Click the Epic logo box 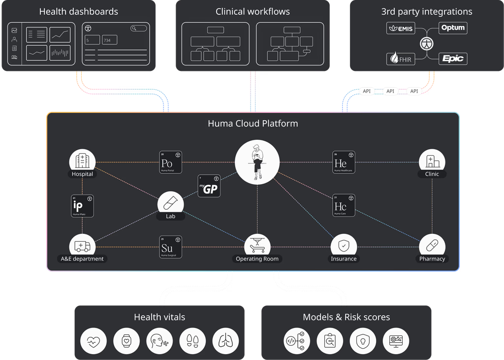click(x=452, y=59)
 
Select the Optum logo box click(x=452, y=28)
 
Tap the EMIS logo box click(x=400, y=28)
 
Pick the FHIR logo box click(x=400, y=59)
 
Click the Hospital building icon click(x=82, y=161)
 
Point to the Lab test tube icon click(x=170, y=203)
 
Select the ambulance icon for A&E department click(x=82, y=246)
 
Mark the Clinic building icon click(x=432, y=161)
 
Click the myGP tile click(x=209, y=186)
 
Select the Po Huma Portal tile click(x=170, y=162)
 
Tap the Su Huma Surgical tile click(x=170, y=247)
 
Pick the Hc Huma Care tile click(x=344, y=205)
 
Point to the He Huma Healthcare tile click(x=344, y=162)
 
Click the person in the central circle click(x=257, y=162)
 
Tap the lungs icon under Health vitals click(x=225, y=340)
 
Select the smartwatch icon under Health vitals click(x=126, y=340)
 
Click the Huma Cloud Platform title click(x=253, y=123)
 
